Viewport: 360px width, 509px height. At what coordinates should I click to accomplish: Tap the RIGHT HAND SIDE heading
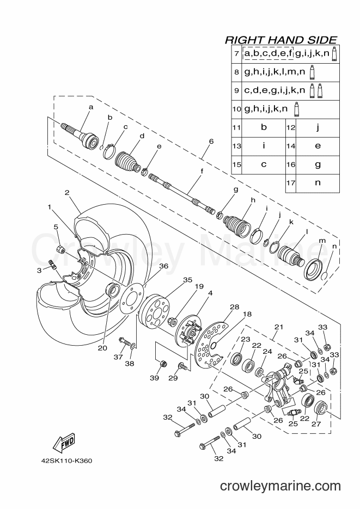[x=281, y=40]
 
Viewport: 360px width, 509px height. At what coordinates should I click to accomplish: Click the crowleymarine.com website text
[x=280, y=486]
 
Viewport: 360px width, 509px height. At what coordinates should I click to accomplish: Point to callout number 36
[x=163, y=266]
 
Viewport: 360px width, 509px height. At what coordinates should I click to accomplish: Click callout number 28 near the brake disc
[x=234, y=307]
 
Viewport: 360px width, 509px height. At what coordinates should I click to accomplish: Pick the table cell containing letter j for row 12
[x=318, y=127]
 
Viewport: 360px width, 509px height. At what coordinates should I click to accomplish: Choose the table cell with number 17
[x=290, y=183]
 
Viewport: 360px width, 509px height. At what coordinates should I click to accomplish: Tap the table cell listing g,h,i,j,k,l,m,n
[x=290, y=72]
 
